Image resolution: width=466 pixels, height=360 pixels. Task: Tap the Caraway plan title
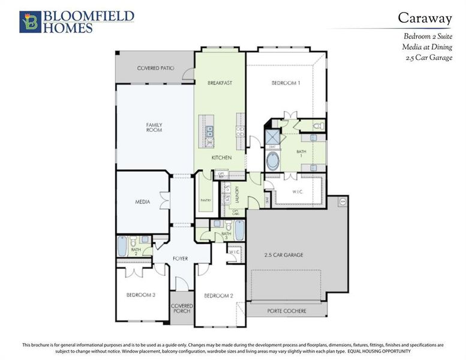(425, 18)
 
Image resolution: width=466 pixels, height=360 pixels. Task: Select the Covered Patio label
(155, 68)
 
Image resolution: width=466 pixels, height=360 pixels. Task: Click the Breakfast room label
(220, 83)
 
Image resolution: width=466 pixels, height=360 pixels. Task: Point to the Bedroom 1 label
(285, 83)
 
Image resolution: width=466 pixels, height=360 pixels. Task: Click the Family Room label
(154, 127)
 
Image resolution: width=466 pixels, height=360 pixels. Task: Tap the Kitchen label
(221, 158)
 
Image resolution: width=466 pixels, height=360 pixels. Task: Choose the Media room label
(142, 202)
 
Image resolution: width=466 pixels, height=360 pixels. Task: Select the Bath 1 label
(301, 152)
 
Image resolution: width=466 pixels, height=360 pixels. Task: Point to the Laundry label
(237, 196)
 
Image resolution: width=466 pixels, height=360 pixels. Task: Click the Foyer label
(181, 259)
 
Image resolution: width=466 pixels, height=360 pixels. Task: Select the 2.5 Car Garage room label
(284, 255)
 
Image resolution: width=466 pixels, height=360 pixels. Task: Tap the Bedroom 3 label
(141, 295)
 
